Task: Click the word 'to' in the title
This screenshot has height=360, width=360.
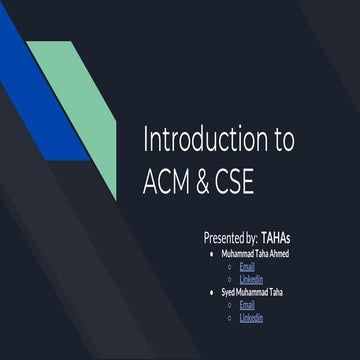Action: [282, 140]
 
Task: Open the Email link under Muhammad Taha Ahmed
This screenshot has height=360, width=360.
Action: [247, 267]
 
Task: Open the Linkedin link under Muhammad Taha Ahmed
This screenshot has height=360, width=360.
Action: [251, 279]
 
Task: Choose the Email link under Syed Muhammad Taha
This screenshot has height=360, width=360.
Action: [247, 304]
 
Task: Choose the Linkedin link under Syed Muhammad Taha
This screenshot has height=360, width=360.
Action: [251, 317]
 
